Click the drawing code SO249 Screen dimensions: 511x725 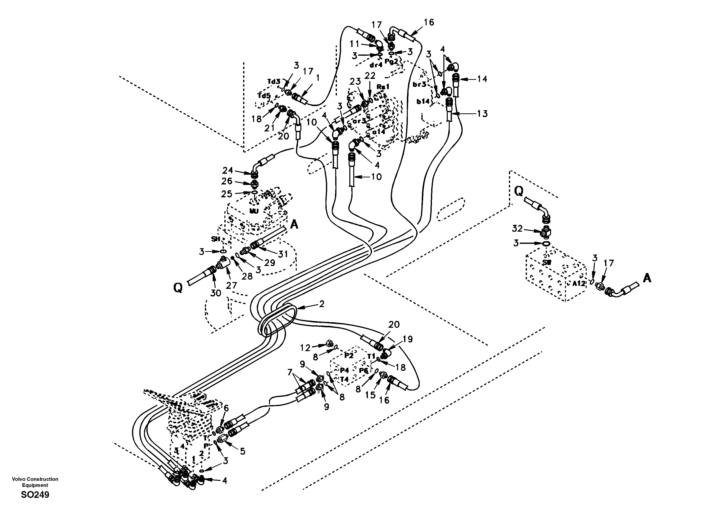[35, 495]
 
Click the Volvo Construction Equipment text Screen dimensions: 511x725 [35, 482]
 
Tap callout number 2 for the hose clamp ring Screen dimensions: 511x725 [321, 304]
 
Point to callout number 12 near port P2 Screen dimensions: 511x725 [305, 348]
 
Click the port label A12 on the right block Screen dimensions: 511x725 [579, 283]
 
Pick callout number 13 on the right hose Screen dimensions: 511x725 [482, 114]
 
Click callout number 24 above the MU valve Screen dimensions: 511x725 [227, 170]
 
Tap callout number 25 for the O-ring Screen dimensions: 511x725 [226, 194]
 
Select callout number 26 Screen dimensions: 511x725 [227, 181]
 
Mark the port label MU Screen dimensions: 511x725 [254, 210]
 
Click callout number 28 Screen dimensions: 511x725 [247, 276]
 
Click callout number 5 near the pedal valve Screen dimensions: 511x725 [242, 451]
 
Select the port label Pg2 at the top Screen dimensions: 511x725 [391, 62]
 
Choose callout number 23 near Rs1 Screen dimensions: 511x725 [355, 81]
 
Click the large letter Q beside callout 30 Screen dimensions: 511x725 [178, 288]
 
